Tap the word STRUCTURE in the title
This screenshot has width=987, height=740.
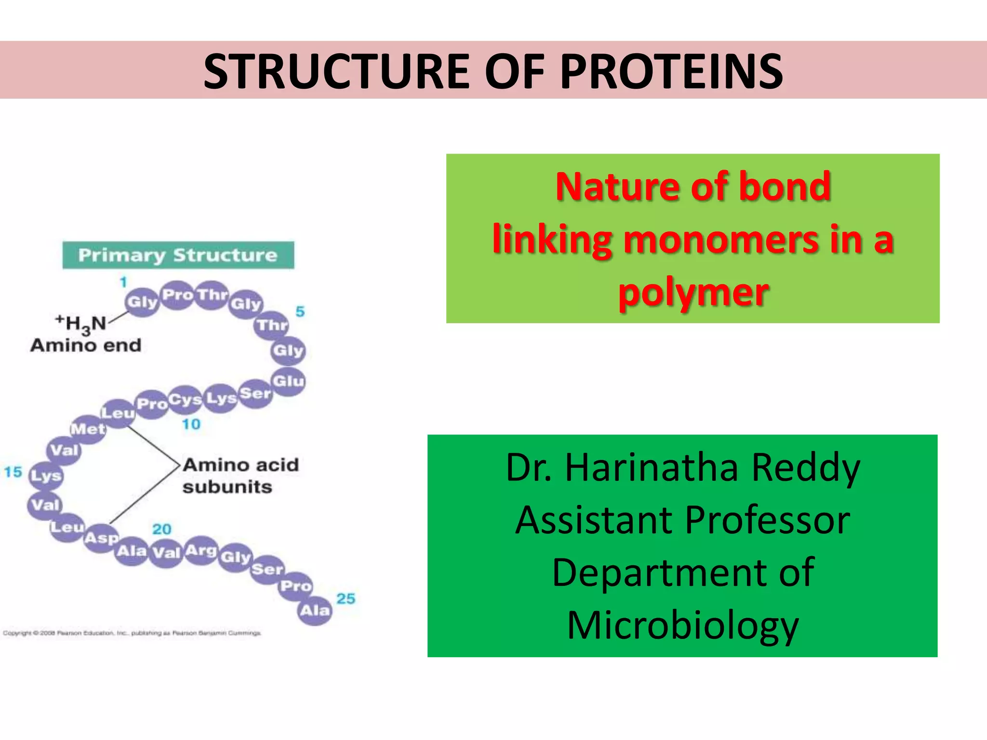point(336,71)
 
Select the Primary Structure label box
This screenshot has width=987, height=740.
point(178,255)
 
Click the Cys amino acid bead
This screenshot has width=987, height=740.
point(185,400)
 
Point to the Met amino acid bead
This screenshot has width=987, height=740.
point(88,429)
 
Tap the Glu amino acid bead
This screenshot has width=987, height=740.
point(288,381)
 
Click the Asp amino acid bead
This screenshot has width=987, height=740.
point(101,538)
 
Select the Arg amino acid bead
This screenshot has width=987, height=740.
point(201,550)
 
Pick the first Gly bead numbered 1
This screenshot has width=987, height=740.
point(142,302)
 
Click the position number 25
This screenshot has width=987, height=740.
point(346,598)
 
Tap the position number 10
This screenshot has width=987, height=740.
point(191,424)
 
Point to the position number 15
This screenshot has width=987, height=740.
point(13,472)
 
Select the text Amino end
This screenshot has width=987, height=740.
point(86,345)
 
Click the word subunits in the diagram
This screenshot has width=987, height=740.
point(227,487)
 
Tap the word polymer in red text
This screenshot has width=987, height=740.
point(693,292)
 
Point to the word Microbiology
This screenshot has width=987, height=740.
point(683,625)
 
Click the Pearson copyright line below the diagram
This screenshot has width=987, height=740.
point(132,633)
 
